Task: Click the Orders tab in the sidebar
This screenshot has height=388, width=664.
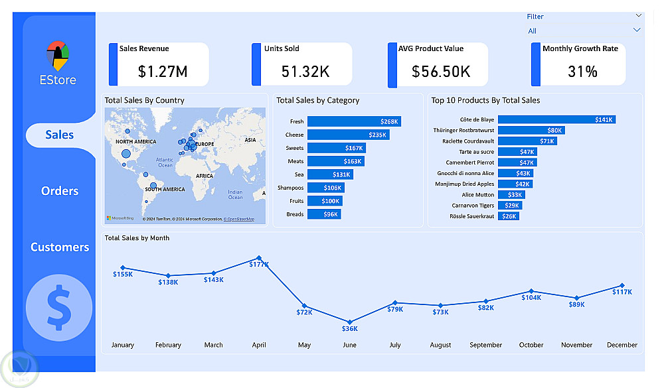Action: (60, 191)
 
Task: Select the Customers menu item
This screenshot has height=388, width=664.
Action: (60, 247)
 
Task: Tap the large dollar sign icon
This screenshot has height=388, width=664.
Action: (59, 307)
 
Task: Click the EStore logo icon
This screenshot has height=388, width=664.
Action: (58, 56)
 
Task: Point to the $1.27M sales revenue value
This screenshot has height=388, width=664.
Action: (163, 72)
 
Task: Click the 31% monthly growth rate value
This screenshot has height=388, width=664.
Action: (582, 72)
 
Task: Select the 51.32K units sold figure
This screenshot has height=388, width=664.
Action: (305, 72)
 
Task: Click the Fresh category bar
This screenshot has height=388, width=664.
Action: (354, 121)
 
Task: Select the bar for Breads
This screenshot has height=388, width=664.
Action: (324, 214)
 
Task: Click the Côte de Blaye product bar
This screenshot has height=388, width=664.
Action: (556, 119)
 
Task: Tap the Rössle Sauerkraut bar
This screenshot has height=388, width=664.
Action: (509, 216)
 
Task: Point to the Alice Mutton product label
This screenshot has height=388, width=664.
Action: (477, 195)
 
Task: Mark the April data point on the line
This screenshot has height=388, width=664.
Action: (259, 258)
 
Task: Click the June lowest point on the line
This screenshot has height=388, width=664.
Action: (350, 322)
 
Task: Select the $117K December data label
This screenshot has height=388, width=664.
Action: (622, 292)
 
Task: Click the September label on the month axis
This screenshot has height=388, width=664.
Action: (485, 345)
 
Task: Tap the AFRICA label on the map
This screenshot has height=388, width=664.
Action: (205, 176)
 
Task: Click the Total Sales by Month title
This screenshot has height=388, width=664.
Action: (137, 238)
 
